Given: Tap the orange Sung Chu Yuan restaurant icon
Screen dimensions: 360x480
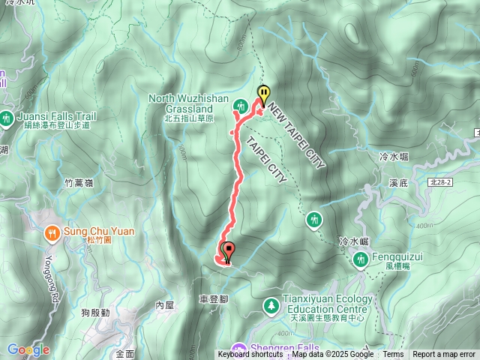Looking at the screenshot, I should click(x=51, y=232).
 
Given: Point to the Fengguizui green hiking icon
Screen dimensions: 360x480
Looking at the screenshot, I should click(x=360, y=259).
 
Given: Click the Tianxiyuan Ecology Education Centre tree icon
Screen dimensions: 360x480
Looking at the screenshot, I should click(x=270, y=305).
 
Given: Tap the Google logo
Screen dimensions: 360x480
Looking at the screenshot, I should click(x=28, y=349).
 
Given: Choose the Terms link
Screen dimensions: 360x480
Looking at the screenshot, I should click(x=393, y=355).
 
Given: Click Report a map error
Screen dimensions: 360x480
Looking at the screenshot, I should click(x=444, y=355).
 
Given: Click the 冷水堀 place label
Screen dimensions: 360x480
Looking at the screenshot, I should click(x=394, y=156).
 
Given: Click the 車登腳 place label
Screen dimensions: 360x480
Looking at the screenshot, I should click(x=214, y=298).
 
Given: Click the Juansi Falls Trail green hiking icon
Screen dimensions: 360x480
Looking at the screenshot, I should click(x=7, y=117).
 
